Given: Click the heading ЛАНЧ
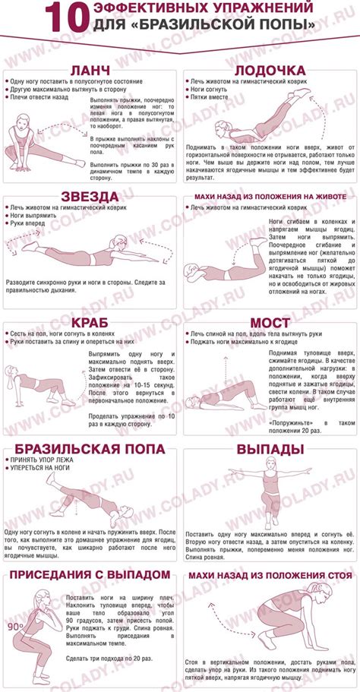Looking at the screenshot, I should pos(92,71).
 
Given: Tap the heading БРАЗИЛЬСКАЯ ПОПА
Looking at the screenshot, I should pos(89,449).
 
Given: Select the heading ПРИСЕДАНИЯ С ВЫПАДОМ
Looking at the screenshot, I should pos(89,573).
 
